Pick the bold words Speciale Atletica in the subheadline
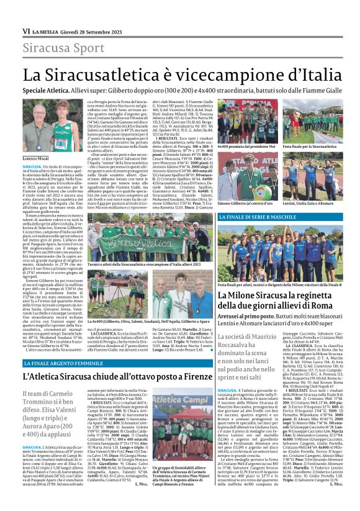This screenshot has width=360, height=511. pyautogui.click(x=49, y=90)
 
